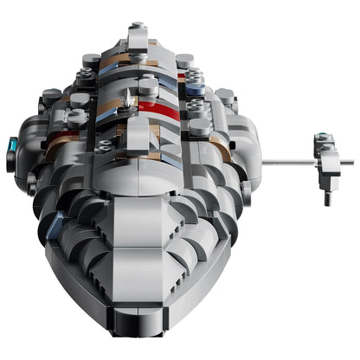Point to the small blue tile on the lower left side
click(54, 227)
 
